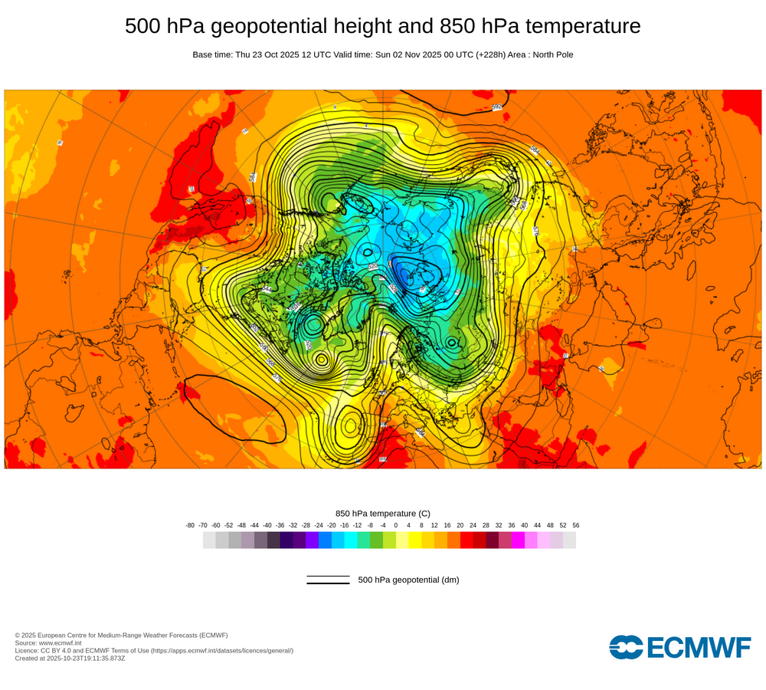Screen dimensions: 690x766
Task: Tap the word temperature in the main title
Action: click(581, 26)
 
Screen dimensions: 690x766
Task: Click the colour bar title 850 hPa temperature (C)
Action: click(383, 513)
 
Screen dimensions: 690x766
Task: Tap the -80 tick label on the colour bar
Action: click(190, 525)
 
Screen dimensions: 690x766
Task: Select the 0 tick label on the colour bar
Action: click(396, 525)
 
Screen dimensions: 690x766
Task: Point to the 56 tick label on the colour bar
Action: click(576, 525)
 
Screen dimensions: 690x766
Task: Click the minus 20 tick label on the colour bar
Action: click(332, 525)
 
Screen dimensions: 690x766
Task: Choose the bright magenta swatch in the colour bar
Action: click(518, 540)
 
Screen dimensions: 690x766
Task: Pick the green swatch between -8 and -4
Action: click(377, 540)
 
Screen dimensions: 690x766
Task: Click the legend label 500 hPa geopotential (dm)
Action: click(408, 580)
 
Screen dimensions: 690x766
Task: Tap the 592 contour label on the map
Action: click(496, 107)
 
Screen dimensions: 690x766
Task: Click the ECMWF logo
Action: click(680, 646)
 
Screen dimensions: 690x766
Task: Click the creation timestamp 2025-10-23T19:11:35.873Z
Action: click(86, 658)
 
